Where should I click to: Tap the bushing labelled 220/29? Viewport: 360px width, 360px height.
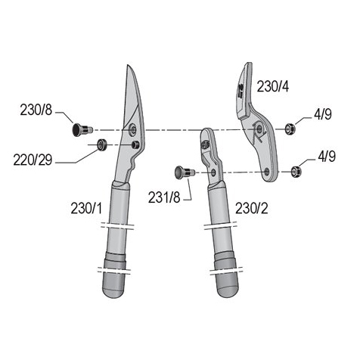(x=101, y=144)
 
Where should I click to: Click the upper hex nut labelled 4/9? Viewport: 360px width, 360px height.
(x=290, y=129)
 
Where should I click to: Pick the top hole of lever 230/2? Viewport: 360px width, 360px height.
(x=207, y=138)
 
